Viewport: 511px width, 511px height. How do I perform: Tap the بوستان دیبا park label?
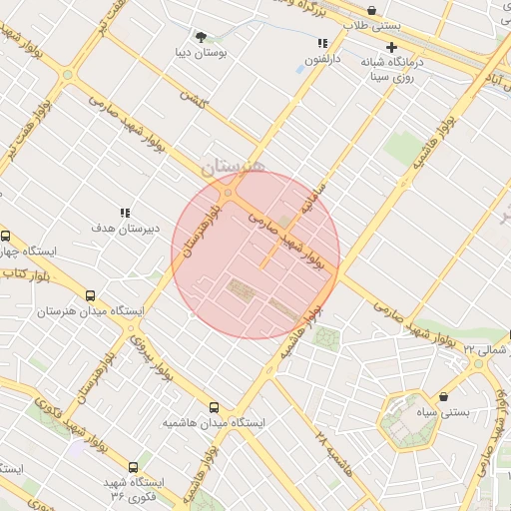tap(204, 52)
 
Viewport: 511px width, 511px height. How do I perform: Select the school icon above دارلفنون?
tap(322, 44)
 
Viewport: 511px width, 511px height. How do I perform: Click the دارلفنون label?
tap(322, 60)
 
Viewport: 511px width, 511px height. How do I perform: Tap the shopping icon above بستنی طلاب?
tap(372, 11)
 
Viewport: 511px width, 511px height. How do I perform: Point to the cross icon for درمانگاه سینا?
tap(391, 47)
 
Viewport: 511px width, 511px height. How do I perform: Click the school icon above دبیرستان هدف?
tap(125, 213)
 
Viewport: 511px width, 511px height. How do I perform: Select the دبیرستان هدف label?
tap(125, 229)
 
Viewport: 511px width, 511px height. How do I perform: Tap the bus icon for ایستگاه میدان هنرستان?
tap(91, 295)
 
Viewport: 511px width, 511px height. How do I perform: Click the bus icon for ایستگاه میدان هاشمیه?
tap(215, 407)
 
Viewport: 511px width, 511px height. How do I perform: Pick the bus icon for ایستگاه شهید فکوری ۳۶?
tap(134, 466)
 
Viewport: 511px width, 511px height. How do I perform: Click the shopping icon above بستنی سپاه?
tap(443, 395)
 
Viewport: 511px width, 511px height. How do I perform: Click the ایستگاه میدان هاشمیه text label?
tap(216, 423)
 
